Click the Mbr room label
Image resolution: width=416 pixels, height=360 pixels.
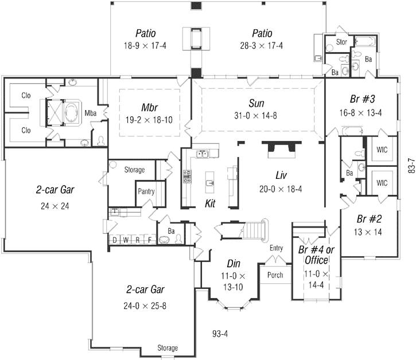150,107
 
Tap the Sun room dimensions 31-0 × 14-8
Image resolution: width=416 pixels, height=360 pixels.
256,115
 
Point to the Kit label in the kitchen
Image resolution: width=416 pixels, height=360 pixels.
210,204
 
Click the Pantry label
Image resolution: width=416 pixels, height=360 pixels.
146,191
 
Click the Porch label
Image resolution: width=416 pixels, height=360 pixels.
275,275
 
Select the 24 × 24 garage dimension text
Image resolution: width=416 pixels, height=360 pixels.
56,206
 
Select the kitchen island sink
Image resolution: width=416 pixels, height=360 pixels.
211,183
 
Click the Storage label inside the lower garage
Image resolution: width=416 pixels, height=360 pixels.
168,348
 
